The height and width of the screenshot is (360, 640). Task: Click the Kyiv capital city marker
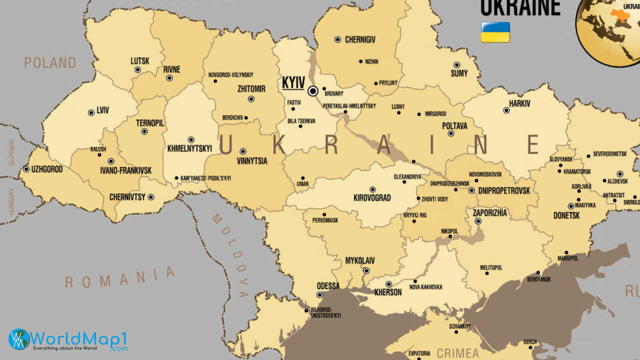(313, 91)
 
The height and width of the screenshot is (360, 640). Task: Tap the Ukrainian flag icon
(495, 32)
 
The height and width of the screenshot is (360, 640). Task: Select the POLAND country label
(50, 63)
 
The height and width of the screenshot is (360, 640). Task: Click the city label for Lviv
(103, 110)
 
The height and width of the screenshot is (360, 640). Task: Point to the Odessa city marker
(320, 295)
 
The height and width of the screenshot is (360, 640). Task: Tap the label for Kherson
(388, 292)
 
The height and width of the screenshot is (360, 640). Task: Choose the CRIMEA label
(458, 353)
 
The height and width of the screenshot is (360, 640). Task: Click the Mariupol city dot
(566, 252)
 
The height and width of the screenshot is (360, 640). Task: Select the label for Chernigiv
(360, 40)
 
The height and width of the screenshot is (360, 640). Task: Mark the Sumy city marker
(457, 65)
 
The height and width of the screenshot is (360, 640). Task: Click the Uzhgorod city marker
(26, 169)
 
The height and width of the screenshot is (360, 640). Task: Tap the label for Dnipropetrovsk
(504, 191)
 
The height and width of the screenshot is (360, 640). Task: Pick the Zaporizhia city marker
(478, 221)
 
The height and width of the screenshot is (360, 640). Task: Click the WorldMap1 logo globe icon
(19, 339)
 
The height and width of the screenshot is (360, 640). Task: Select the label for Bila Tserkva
(301, 121)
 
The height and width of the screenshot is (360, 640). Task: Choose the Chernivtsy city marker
(151, 197)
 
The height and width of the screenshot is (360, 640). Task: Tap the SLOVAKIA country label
(12, 152)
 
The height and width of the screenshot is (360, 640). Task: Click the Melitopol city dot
(487, 273)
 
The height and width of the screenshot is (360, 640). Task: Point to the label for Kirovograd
(372, 198)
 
